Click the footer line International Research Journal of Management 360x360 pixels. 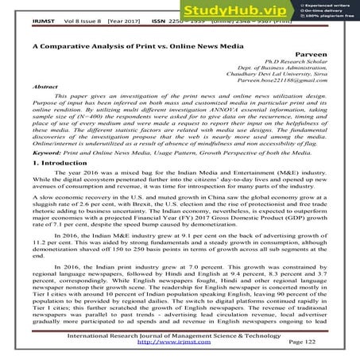[182, 335]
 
